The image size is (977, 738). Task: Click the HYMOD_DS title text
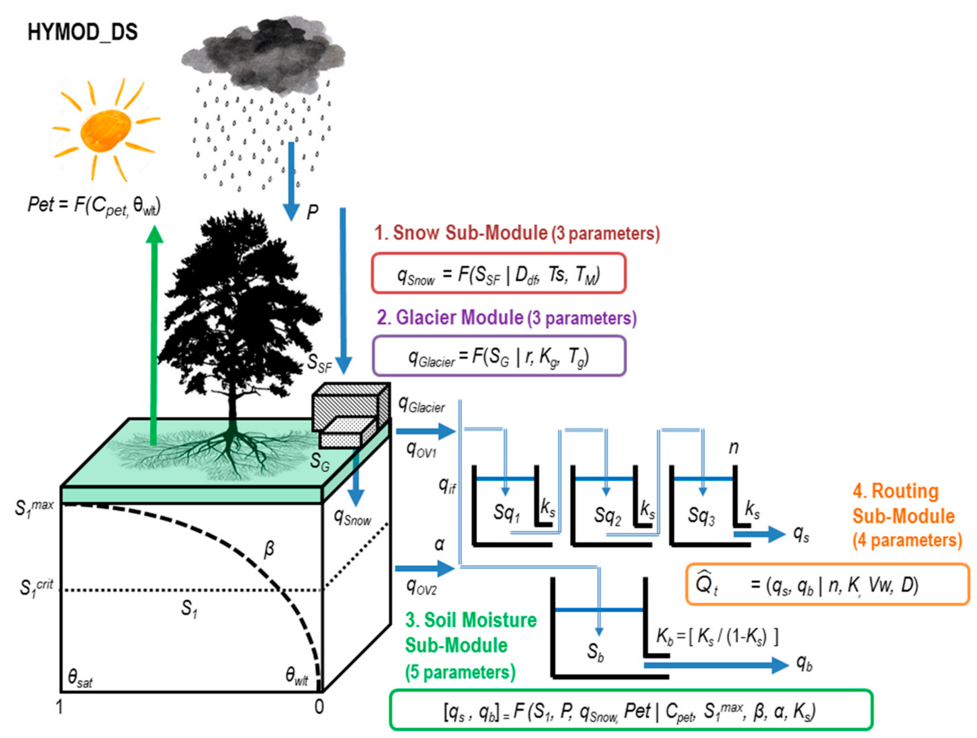click(83, 32)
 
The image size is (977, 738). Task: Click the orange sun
click(106, 131)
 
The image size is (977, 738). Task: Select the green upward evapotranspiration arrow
click(154, 336)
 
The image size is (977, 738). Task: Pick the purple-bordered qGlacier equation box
click(499, 356)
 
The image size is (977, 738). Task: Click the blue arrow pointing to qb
click(715, 665)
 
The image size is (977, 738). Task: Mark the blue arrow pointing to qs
click(760, 534)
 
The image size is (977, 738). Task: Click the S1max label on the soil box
click(34, 508)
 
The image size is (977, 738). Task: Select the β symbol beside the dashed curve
click(269, 550)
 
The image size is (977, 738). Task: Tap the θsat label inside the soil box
click(80, 678)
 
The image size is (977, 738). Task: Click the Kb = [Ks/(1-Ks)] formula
click(717, 637)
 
